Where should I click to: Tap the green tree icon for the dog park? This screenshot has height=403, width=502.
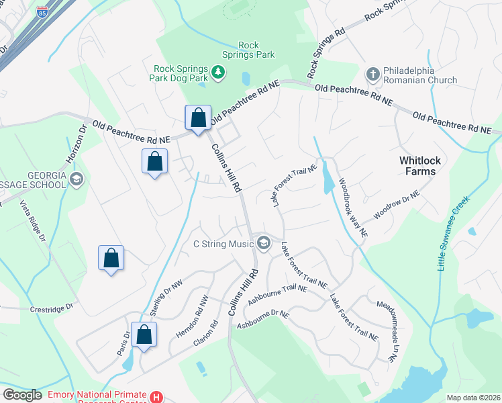pos(217,72)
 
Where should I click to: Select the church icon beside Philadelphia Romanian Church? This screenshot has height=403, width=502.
pos(374,73)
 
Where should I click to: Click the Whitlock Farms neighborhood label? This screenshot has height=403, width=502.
pos(427,166)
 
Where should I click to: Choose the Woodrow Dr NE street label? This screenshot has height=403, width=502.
pos(397,203)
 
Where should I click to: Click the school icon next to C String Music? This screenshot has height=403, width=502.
pos(264,243)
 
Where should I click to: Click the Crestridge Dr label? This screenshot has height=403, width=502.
pos(50,308)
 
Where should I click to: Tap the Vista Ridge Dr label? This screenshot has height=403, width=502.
pos(31,220)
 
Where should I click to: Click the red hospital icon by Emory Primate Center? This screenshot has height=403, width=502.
pos(156,397)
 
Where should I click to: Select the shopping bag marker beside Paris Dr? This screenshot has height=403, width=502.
pos(144,334)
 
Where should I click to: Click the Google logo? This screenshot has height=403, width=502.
pos(22,395)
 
